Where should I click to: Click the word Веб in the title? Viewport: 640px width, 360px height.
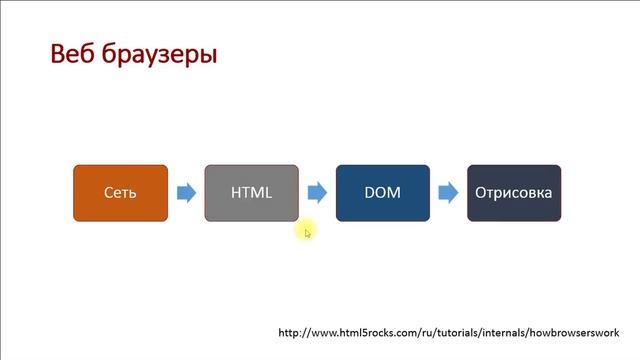[77, 53]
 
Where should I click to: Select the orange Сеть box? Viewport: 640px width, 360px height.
[120, 192]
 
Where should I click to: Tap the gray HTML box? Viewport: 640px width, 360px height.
[251, 192]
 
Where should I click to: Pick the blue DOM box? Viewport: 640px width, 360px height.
[383, 192]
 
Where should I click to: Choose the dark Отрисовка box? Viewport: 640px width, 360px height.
[514, 192]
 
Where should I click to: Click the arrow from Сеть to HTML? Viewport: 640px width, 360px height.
[185, 192]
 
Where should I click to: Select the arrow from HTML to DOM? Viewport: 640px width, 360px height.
[317, 192]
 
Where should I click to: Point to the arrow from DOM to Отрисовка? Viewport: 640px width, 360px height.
[448, 192]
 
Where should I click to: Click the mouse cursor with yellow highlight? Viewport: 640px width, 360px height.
[307, 232]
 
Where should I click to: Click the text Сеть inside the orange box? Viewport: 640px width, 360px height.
[120, 192]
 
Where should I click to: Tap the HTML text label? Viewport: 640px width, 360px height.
[251, 192]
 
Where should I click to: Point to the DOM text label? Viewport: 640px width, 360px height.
[383, 192]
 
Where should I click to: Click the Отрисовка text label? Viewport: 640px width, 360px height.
[514, 192]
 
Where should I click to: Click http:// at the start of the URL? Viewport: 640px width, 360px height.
[294, 333]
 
